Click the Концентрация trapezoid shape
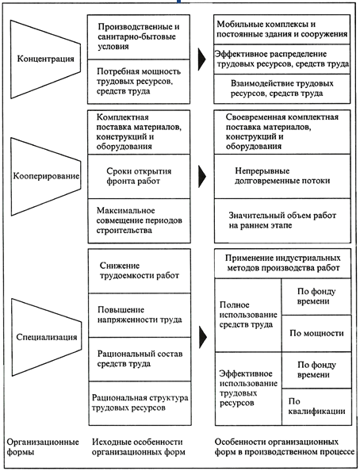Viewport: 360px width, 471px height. pyautogui.click(x=45, y=59)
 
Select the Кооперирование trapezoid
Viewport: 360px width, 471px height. pyautogui.click(x=46, y=176)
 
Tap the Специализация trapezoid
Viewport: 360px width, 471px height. pyautogui.click(x=46, y=337)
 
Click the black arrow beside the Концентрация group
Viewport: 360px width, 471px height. pyautogui.click(x=202, y=59)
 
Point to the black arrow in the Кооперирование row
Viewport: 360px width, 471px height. pyautogui.click(x=202, y=176)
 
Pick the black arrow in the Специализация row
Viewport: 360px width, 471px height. pyautogui.click(x=203, y=337)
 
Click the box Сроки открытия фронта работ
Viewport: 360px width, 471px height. pyautogui.click(x=139, y=177)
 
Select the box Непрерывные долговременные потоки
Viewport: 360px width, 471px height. pyautogui.click(x=282, y=176)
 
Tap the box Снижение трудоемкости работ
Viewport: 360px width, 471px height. pyautogui.click(x=140, y=271)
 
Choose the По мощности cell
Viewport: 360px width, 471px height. pyautogui.click(x=316, y=333)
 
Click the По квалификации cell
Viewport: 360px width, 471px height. pyautogui.click(x=316, y=407)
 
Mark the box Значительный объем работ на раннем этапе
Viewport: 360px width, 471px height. pyautogui.click(x=282, y=220)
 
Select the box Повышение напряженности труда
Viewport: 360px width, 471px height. pyautogui.click(x=140, y=315)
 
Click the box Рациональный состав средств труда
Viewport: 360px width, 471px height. pyautogui.click(x=140, y=359)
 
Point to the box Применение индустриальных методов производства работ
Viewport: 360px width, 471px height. pyautogui.click(x=283, y=263)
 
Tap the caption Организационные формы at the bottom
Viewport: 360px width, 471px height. pyautogui.click(x=43, y=447)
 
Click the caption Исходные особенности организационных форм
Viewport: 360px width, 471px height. pyautogui.click(x=139, y=447)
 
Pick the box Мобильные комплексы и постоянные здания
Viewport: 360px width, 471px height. pyautogui.click(x=281, y=29)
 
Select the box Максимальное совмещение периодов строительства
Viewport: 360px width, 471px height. pyautogui.click(x=139, y=220)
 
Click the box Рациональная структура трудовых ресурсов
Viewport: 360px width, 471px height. pyautogui.click(x=140, y=404)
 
